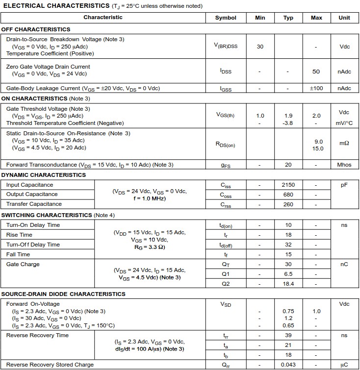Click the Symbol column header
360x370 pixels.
point(226,18)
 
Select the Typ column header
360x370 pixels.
point(288,18)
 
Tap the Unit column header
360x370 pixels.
point(344,18)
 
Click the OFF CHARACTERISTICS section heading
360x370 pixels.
point(36,29)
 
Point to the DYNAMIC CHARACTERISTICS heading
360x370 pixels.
point(44,175)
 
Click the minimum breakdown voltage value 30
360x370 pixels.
point(260,47)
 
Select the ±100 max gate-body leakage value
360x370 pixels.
point(316,88)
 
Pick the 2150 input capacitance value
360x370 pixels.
point(288,185)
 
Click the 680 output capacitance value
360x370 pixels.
point(288,195)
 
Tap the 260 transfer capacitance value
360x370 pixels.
point(288,204)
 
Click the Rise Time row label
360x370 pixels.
point(19,235)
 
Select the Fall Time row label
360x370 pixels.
point(19,254)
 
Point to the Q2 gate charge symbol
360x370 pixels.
point(226,284)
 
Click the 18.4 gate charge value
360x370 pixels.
point(288,284)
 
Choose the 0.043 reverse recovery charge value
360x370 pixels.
point(288,365)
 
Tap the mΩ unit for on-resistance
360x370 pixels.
point(344,143)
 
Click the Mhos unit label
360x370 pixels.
point(344,165)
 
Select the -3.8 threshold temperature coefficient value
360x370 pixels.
point(288,123)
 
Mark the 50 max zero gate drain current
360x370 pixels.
point(316,72)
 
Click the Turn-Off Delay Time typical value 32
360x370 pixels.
point(288,245)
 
